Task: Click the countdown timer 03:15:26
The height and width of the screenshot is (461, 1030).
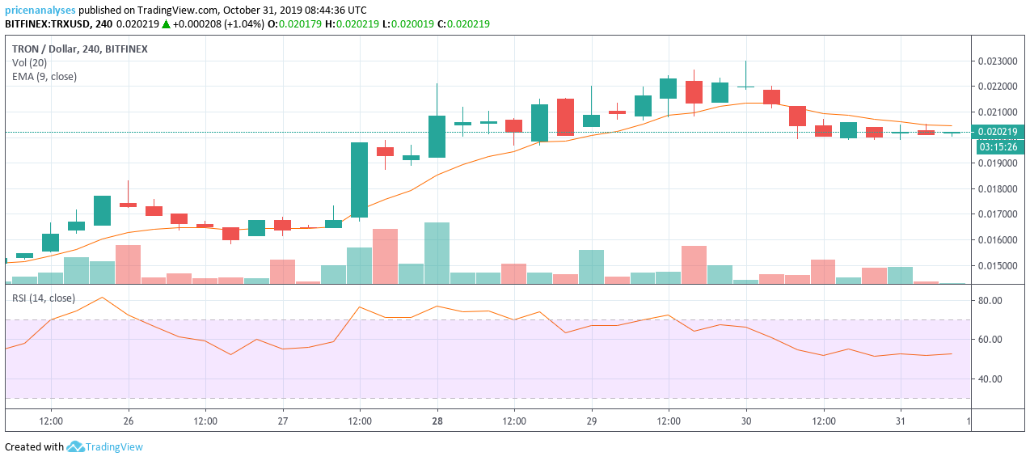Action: [998, 147]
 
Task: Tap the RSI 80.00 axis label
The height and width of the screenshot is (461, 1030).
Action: [990, 301]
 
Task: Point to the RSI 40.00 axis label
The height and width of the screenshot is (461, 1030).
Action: [990, 379]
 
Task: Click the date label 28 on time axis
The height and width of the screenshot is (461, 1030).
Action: [437, 421]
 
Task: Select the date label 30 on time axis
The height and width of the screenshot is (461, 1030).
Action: [746, 421]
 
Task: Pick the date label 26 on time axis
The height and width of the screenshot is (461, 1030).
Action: [129, 421]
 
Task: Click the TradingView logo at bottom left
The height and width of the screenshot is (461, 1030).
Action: [104, 446]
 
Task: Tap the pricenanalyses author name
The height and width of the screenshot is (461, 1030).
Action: [40, 11]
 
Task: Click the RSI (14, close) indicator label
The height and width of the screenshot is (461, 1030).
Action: [43, 298]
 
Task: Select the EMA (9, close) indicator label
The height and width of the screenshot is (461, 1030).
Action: [44, 77]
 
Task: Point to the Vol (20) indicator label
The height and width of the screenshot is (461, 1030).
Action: [29, 63]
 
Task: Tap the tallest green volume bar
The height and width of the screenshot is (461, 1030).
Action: [437, 252]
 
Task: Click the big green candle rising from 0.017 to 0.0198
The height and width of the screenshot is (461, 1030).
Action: [359, 180]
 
